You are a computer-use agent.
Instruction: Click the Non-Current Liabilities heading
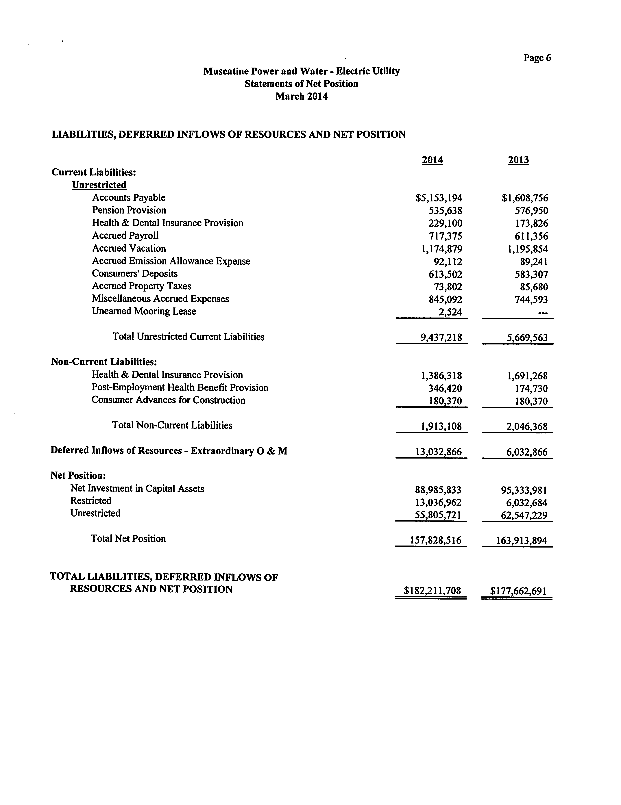(x=104, y=362)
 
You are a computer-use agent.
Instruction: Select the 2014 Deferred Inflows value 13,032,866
(x=439, y=452)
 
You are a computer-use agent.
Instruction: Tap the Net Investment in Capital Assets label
(x=137, y=488)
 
